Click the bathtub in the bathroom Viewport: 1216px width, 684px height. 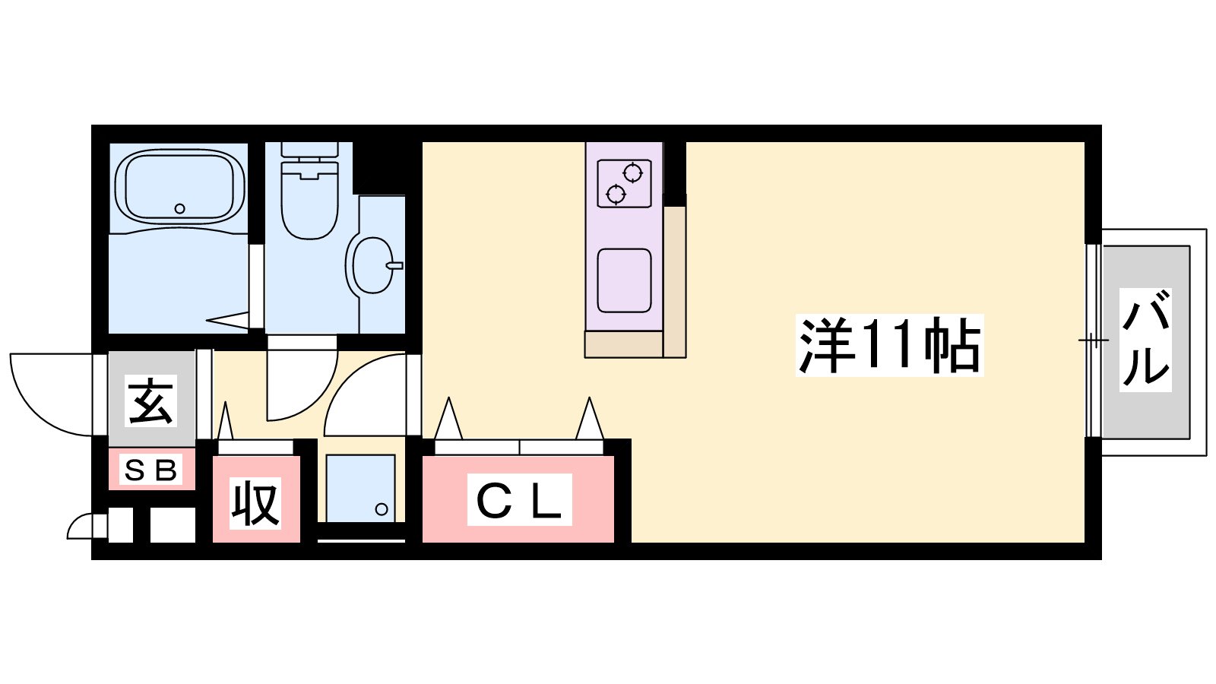[179, 187]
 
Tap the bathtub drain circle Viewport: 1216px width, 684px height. [179, 208]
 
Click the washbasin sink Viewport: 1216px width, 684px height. [372, 265]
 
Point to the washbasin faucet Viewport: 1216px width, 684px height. [394, 265]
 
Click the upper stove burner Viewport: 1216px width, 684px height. [632, 173]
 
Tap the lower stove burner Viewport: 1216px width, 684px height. [616, 193]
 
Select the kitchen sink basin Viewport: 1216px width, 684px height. [624, 280]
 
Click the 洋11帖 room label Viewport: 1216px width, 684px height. [890, 345]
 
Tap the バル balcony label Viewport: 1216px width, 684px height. [1145, 340]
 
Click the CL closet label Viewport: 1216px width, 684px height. [520, 499]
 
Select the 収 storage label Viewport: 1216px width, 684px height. [255, 503]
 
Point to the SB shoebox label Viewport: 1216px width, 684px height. [151, 470]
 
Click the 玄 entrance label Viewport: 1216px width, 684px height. [151, 401]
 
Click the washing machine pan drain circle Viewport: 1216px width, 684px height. [382, 509]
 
